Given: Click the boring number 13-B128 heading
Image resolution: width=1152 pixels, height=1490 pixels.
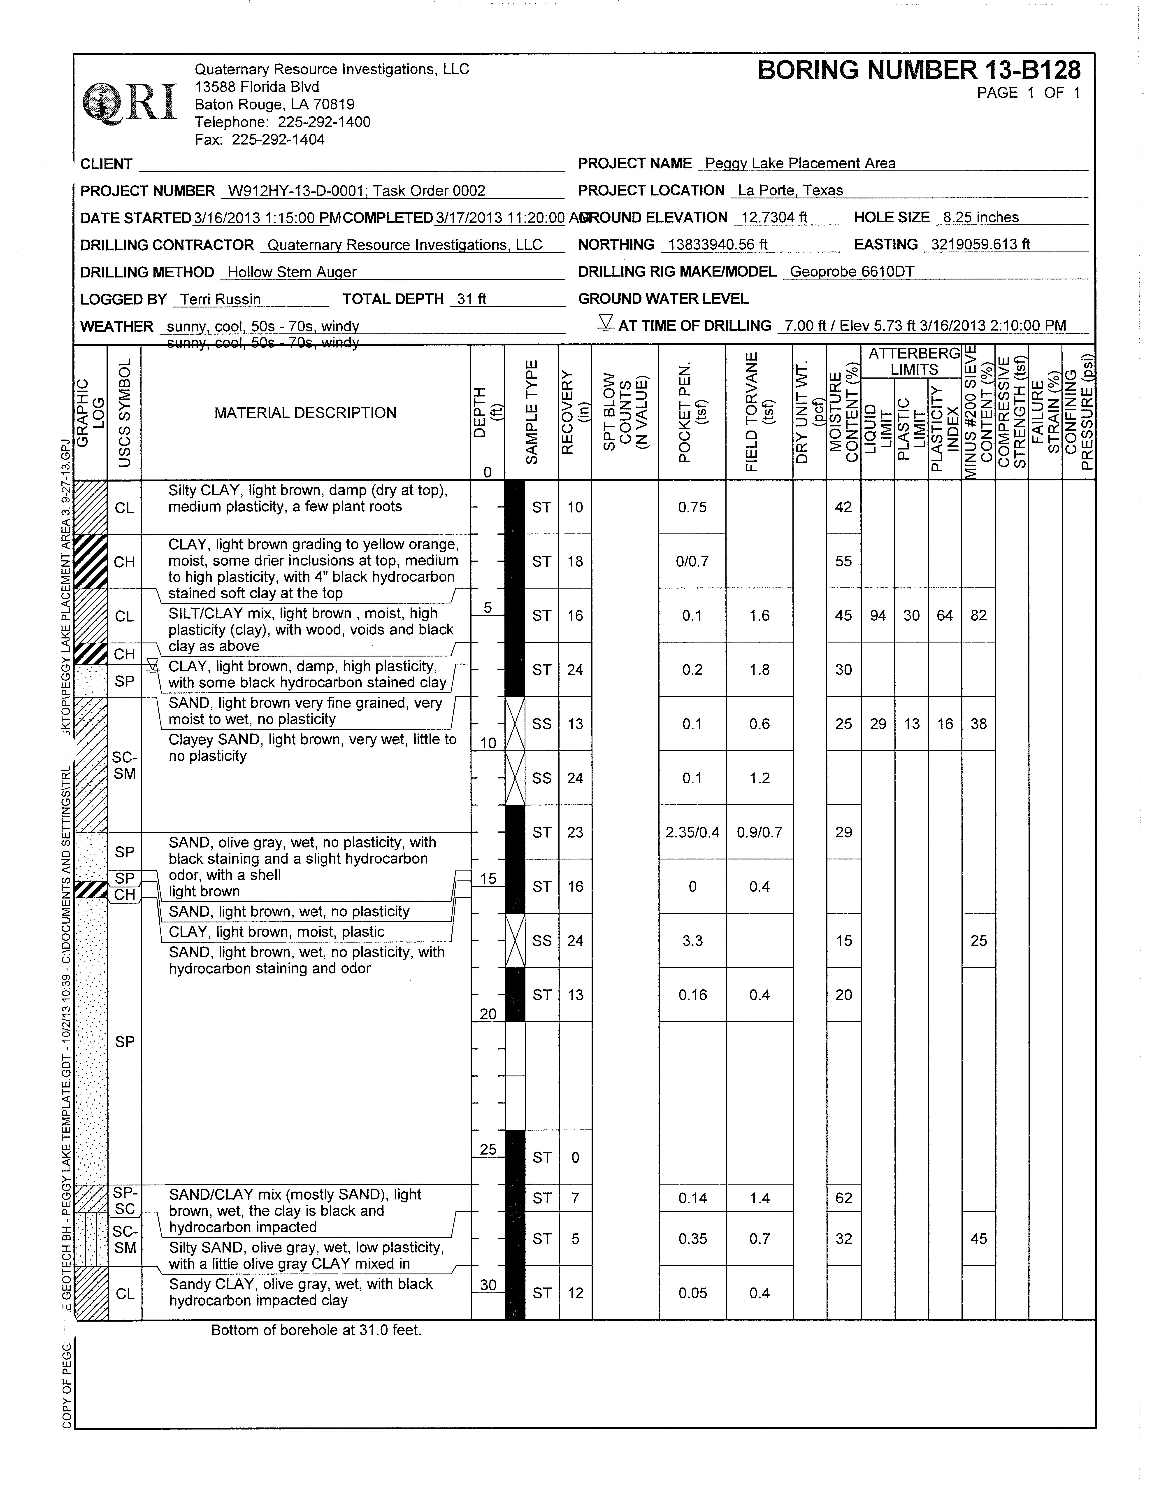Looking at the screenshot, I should pyautogui.click(x=919, y=70).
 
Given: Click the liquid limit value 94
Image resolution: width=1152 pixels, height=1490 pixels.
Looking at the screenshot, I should pyautogui.click(x=878, y=615).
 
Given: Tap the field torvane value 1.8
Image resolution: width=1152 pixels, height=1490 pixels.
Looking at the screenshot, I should pyautogui.click(x=759, y=670).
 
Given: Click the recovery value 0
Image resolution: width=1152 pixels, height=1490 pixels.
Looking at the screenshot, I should pyautogui.click(x=575, y=1157).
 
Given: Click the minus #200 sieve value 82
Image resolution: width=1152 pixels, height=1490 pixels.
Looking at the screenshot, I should pyautogui.click(x=978, y=615).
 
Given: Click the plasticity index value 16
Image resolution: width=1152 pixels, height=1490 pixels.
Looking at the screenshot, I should pyautogui.click(x=945, y=724).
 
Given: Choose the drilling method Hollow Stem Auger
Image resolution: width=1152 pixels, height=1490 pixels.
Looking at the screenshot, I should pyautogui.click(x=291, y=272).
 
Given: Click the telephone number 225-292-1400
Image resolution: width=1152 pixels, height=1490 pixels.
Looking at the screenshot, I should pyautogui.click(x=324, y=122).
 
